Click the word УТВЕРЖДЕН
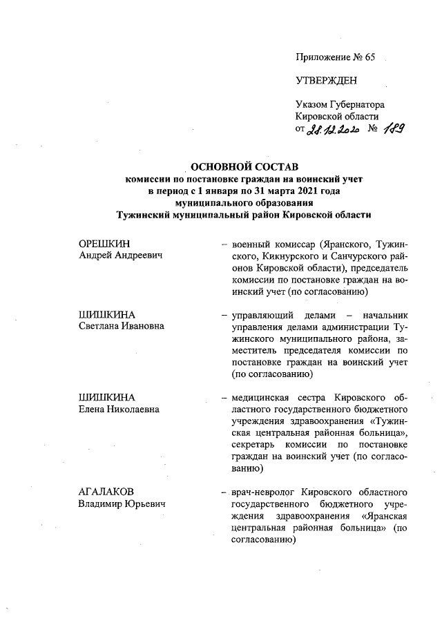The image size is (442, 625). (327, 81)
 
